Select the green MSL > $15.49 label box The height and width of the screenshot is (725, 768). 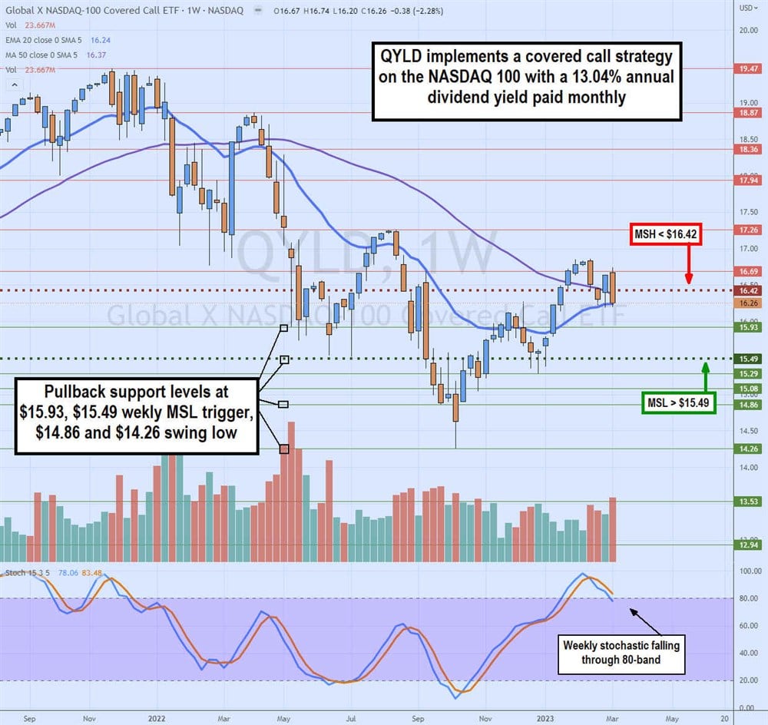[678, 402]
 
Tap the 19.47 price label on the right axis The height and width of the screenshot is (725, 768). [748, 68]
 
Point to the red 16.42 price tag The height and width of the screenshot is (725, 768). [748, 291]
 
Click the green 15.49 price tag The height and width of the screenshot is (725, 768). [748, 359]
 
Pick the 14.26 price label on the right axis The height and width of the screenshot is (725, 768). [748, 449]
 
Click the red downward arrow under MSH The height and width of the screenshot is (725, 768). [689, 265]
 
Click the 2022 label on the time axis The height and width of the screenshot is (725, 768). [157, 718]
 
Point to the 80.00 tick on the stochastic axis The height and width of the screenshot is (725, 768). [748, 599]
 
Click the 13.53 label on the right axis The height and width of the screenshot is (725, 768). [748, 502]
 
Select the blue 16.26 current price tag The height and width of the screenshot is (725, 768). [748, 303]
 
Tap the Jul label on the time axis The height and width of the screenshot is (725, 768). [349, 718]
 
